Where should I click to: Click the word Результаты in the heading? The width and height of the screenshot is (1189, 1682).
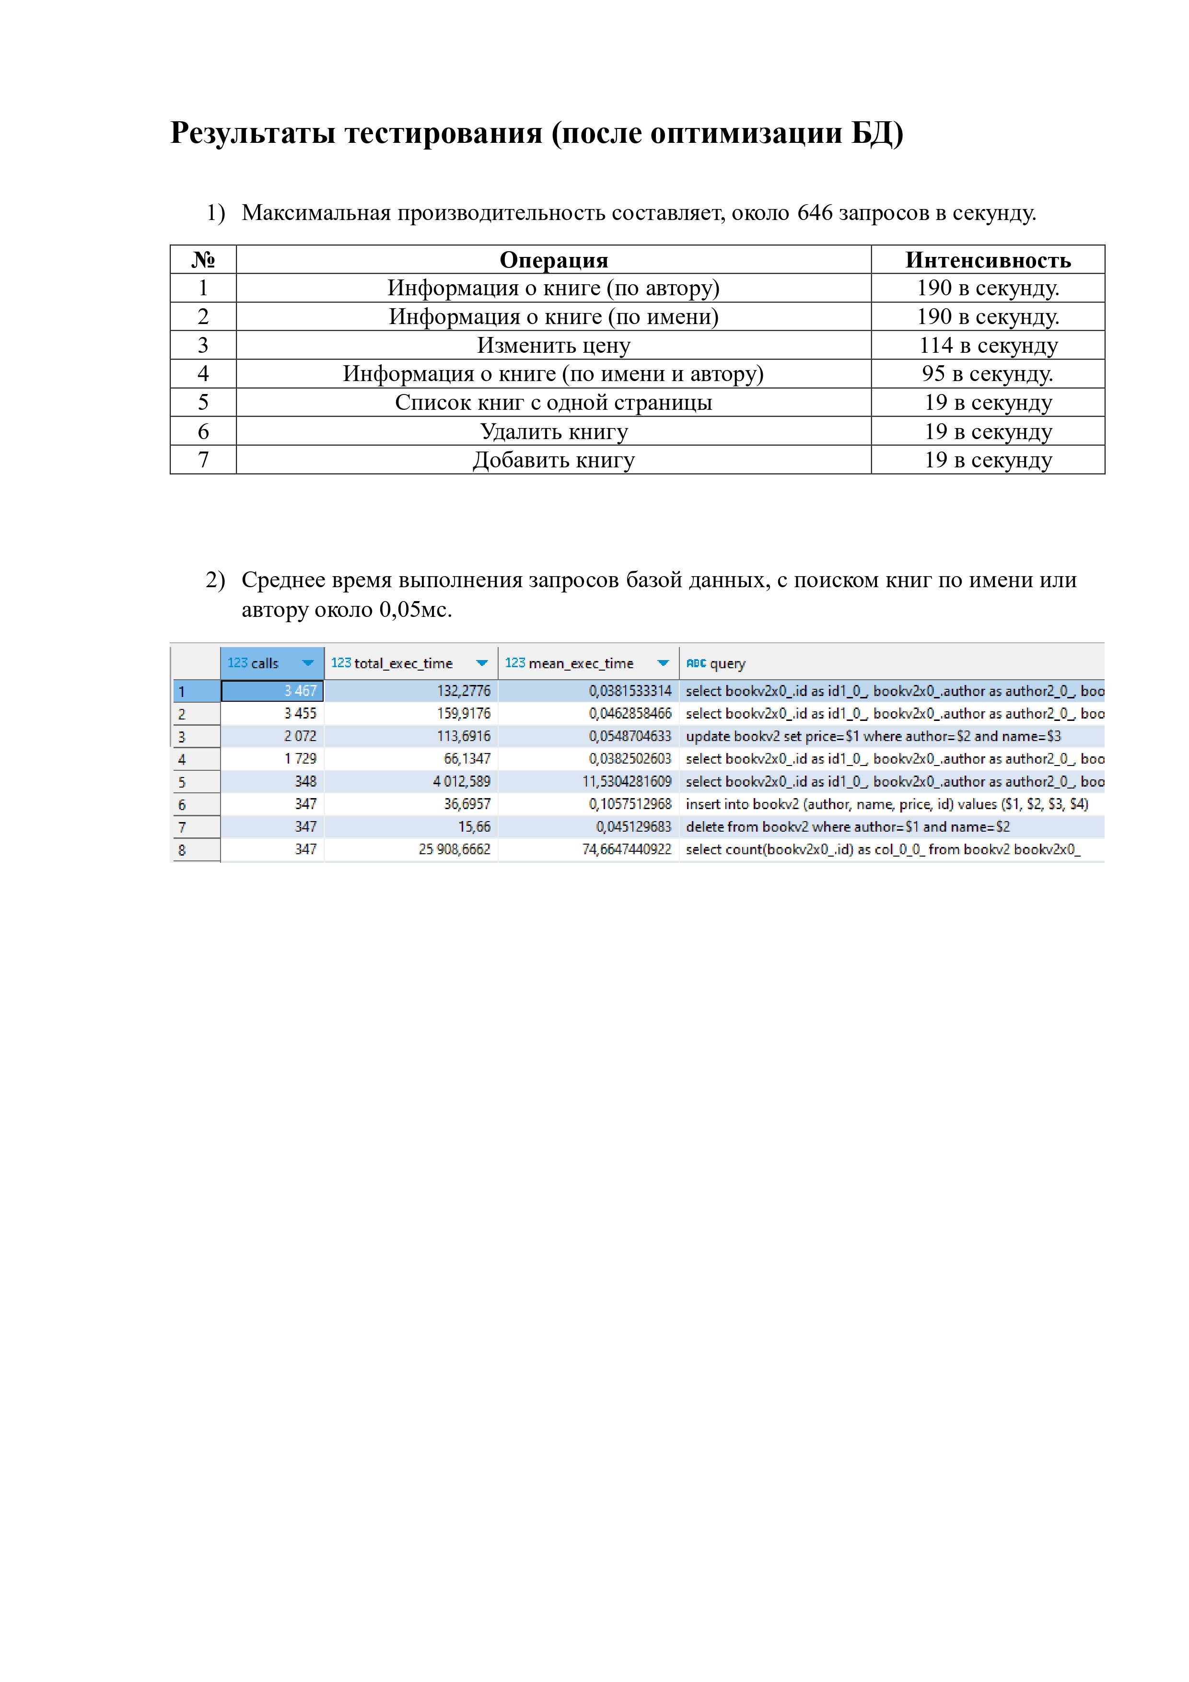[252, 133]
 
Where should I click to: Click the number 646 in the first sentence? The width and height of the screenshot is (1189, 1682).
[814, 213]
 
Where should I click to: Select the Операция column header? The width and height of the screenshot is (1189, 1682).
[553, 260]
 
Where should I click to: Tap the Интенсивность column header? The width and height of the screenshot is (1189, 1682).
[988, 260]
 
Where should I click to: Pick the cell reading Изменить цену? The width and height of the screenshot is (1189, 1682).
[553, 345]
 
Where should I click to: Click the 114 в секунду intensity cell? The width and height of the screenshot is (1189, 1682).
[988, 345]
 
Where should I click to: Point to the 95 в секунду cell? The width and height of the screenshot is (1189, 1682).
[988, 373]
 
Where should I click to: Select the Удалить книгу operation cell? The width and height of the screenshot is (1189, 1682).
[553, 431]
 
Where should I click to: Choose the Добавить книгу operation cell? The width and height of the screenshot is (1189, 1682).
[553, 460]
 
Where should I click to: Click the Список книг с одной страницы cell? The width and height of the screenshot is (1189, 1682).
[553, 402]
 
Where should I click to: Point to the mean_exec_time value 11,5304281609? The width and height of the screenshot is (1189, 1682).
[626, 782]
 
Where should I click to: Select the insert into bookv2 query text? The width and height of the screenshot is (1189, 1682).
[886, 804]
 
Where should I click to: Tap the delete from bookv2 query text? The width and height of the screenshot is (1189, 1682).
[847, 827]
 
